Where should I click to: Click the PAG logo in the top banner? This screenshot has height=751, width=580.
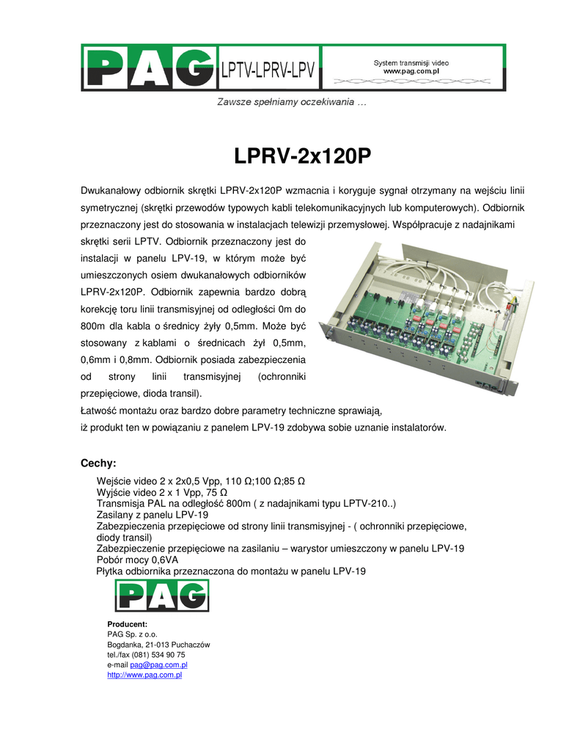150,68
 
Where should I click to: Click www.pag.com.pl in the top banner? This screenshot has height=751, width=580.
411,72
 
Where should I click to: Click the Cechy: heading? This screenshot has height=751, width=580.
98,463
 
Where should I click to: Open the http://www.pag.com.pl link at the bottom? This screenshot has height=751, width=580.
144,675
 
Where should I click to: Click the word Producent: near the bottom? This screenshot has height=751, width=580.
128,624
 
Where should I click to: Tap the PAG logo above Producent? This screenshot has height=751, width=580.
161,595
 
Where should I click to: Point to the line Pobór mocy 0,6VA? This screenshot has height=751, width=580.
137,560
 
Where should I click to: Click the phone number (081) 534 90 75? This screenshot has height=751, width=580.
158,655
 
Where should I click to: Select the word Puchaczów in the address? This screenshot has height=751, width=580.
189,645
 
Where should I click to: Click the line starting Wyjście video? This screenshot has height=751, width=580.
161,492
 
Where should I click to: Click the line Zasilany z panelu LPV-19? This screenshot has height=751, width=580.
153,515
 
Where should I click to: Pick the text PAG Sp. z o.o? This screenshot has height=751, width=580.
132,634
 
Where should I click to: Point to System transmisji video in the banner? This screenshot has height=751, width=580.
411,63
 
